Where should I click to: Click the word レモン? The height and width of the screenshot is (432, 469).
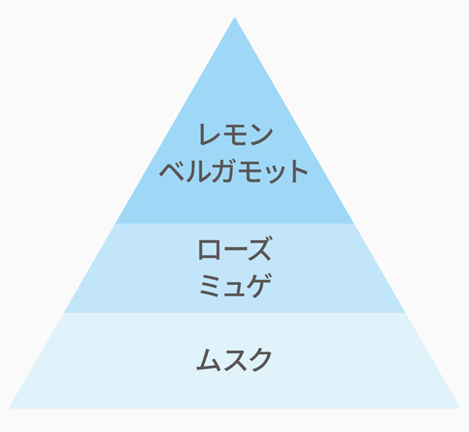pos(235,135)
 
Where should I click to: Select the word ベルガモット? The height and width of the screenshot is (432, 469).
pos(234,171)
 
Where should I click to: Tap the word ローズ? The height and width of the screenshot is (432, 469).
pos(234,249)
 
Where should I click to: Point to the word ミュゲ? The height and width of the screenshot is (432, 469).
pos(235,285)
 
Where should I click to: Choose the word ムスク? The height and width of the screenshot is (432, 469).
pos(234,360)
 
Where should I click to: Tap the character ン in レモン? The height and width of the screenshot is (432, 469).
pos(261,135)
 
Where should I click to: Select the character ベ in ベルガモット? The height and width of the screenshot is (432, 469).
pos(172,172)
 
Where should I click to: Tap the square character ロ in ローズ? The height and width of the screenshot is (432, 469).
pos(209,249)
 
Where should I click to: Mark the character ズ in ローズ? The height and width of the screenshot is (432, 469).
pos(260,249)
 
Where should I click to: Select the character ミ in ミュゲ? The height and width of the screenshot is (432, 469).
pos(209,285)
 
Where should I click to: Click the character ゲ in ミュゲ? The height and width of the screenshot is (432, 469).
pos(260,285)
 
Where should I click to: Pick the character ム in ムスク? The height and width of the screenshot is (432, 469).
pos(208,360)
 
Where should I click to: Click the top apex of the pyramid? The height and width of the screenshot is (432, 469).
pos(234,17)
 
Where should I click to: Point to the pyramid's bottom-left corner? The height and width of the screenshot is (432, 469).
pos(8,408)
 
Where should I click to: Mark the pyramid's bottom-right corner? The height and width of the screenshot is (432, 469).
pos(461,408)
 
